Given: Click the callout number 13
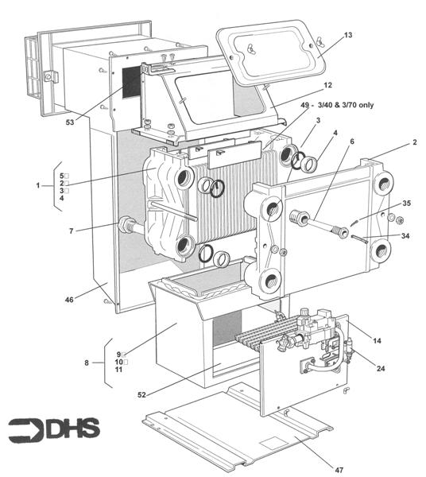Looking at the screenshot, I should coord(348,36).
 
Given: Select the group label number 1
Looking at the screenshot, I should coord(37,184).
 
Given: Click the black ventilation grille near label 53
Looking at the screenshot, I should coord(130,81).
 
